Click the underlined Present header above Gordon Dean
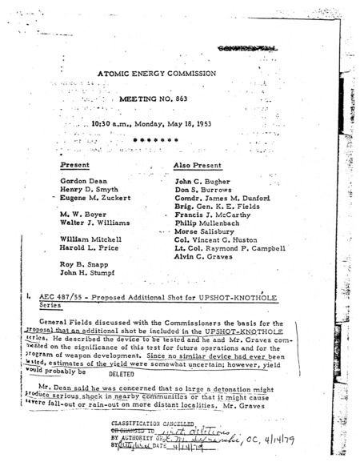pyautogui.click(x=76, y=164)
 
